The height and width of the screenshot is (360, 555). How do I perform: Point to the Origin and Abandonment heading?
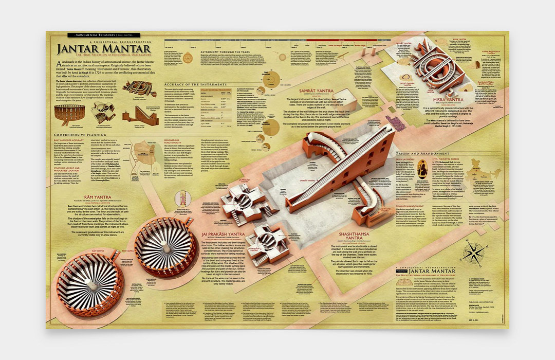tap(423, 154)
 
